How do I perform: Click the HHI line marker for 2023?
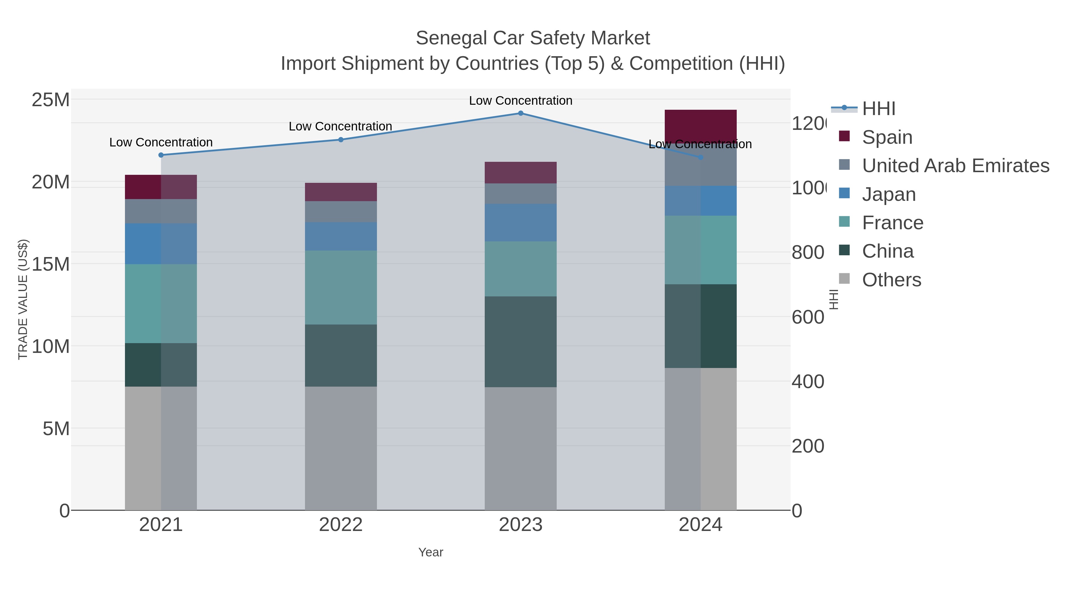click(x=521, y=113)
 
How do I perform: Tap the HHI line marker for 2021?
click(x=161, y=155)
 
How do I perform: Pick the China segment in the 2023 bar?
click(x=521, y=342)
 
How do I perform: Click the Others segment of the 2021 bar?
click(x=161, y=448)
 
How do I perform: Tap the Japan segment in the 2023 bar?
click(x=521, y=222)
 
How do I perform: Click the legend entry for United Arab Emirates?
click(x=955, y=165)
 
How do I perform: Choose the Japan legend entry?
click(x=888, y=194)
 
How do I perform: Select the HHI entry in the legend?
click(x=879, y=108)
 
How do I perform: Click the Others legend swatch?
click(x=844, y=279)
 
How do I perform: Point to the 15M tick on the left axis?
click(x=50, y=264)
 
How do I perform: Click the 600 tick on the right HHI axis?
click(x=808, y=317)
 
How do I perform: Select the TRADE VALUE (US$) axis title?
click(x=23, y=299)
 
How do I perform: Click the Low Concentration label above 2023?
click(x=521, y=101)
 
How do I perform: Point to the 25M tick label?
click(x=50, y=100)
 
